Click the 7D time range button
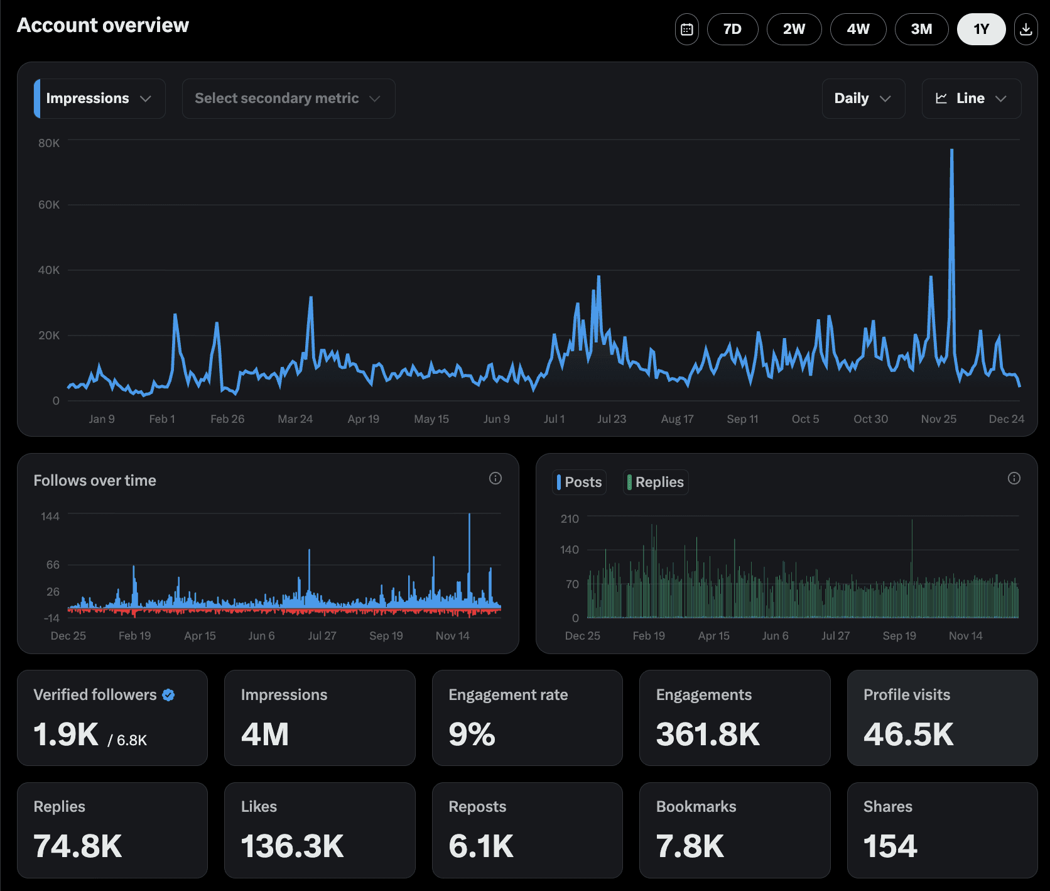coord(732,29)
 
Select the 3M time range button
coord(921,29)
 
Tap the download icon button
coord(1026,29)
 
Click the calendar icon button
coord(687,29)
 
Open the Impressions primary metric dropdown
coord(99,99)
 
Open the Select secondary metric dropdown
coord(288,99)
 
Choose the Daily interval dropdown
coord(863,99)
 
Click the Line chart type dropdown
coord(971,99)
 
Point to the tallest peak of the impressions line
coord(952,150)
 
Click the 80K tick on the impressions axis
coord(49,143)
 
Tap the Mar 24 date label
coord(295,419)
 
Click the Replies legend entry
coord(656,482)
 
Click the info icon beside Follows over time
coord(495,478)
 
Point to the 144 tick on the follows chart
coord(50,517)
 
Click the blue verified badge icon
coord(168,695)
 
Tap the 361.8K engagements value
coord(708,734)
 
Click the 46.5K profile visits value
coord(908,734)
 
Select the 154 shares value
coord(890,846)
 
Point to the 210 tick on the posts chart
coord(570,519)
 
